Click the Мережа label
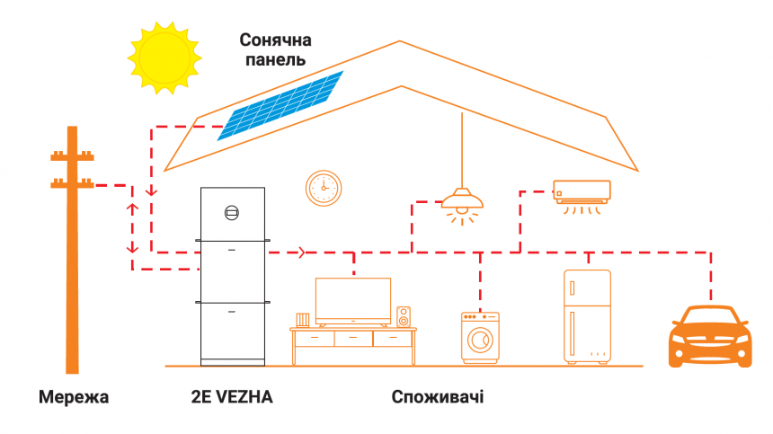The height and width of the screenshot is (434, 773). point(73,396)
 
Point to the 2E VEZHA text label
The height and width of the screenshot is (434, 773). point(234,396)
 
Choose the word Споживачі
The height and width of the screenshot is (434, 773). point(438,396)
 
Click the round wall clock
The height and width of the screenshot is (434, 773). point(323,188)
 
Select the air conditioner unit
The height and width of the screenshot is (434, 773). point(581,191)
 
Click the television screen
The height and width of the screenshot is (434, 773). point(353,299)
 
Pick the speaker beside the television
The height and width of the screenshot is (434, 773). point(404,316)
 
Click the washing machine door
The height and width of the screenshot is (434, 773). point(481,341)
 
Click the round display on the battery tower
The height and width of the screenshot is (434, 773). point(232,212)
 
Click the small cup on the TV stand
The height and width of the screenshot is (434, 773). point(303,319)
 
